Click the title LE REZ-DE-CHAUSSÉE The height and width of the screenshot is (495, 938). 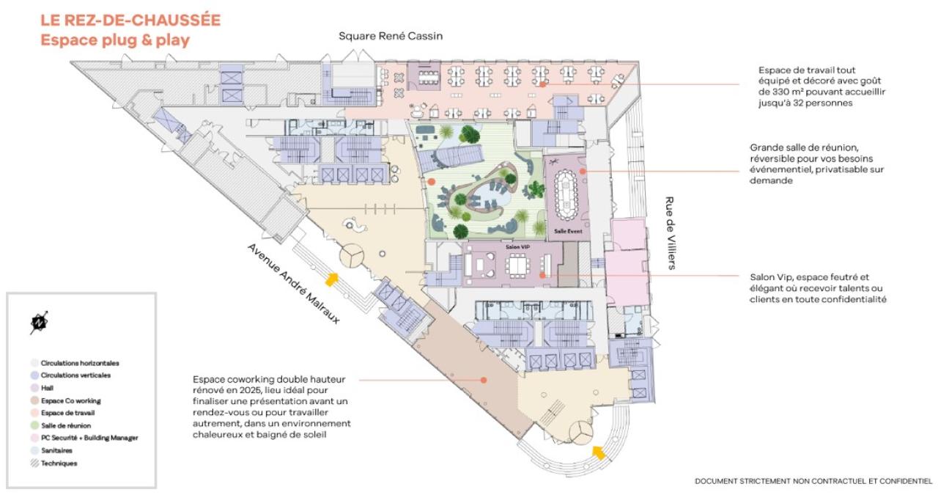click(x=130, y=20)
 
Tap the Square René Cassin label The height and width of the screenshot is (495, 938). click(x=391, y=36)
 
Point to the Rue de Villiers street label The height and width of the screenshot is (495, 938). click(x=671, y=233)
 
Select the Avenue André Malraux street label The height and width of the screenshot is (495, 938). click(x=294, y=284)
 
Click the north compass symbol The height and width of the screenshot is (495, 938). click(x=39, y=323)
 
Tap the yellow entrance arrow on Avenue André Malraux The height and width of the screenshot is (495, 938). click(x=332, y=279)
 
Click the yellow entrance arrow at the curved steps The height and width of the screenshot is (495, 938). click(x=599, y=453)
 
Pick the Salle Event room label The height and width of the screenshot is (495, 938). click(x=568, y=231)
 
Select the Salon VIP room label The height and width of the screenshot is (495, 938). click(x=517, y=247)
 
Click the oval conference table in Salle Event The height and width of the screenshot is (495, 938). click(x=566, y=194)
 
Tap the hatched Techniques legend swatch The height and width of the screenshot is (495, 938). click(x=34, y=463)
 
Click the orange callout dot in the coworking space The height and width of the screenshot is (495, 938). click(x=484, y=380)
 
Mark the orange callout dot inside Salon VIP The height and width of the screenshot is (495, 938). click(x=542, y=276)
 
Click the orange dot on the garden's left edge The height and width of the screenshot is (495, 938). click(x=432, y=182)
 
